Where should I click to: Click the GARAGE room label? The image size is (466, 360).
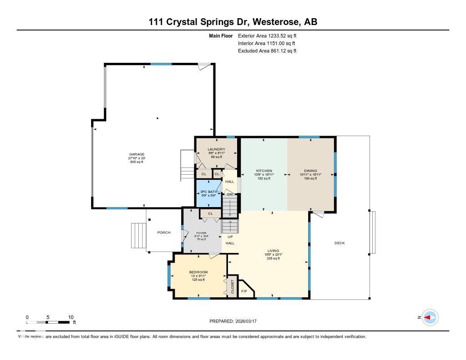point(137,154)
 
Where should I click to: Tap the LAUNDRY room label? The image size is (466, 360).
point(216,149)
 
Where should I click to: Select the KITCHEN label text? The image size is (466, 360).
point(263,171)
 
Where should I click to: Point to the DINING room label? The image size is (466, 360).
point(311,171)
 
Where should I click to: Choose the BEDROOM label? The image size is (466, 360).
point(198,272)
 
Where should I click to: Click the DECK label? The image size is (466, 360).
point(339,243)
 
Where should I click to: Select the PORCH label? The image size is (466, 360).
point(164,233)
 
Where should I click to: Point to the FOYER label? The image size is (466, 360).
point(201,233)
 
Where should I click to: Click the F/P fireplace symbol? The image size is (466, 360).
point(244,291)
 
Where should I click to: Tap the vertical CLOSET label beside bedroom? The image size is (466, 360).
point(232,287)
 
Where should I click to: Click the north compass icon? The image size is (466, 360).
point(430,318)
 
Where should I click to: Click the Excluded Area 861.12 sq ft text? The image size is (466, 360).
point(267,51)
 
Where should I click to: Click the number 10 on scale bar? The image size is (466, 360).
point(71,317)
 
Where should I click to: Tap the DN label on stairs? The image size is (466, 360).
point(230,195)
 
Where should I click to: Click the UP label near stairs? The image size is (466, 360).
point(230,237)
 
